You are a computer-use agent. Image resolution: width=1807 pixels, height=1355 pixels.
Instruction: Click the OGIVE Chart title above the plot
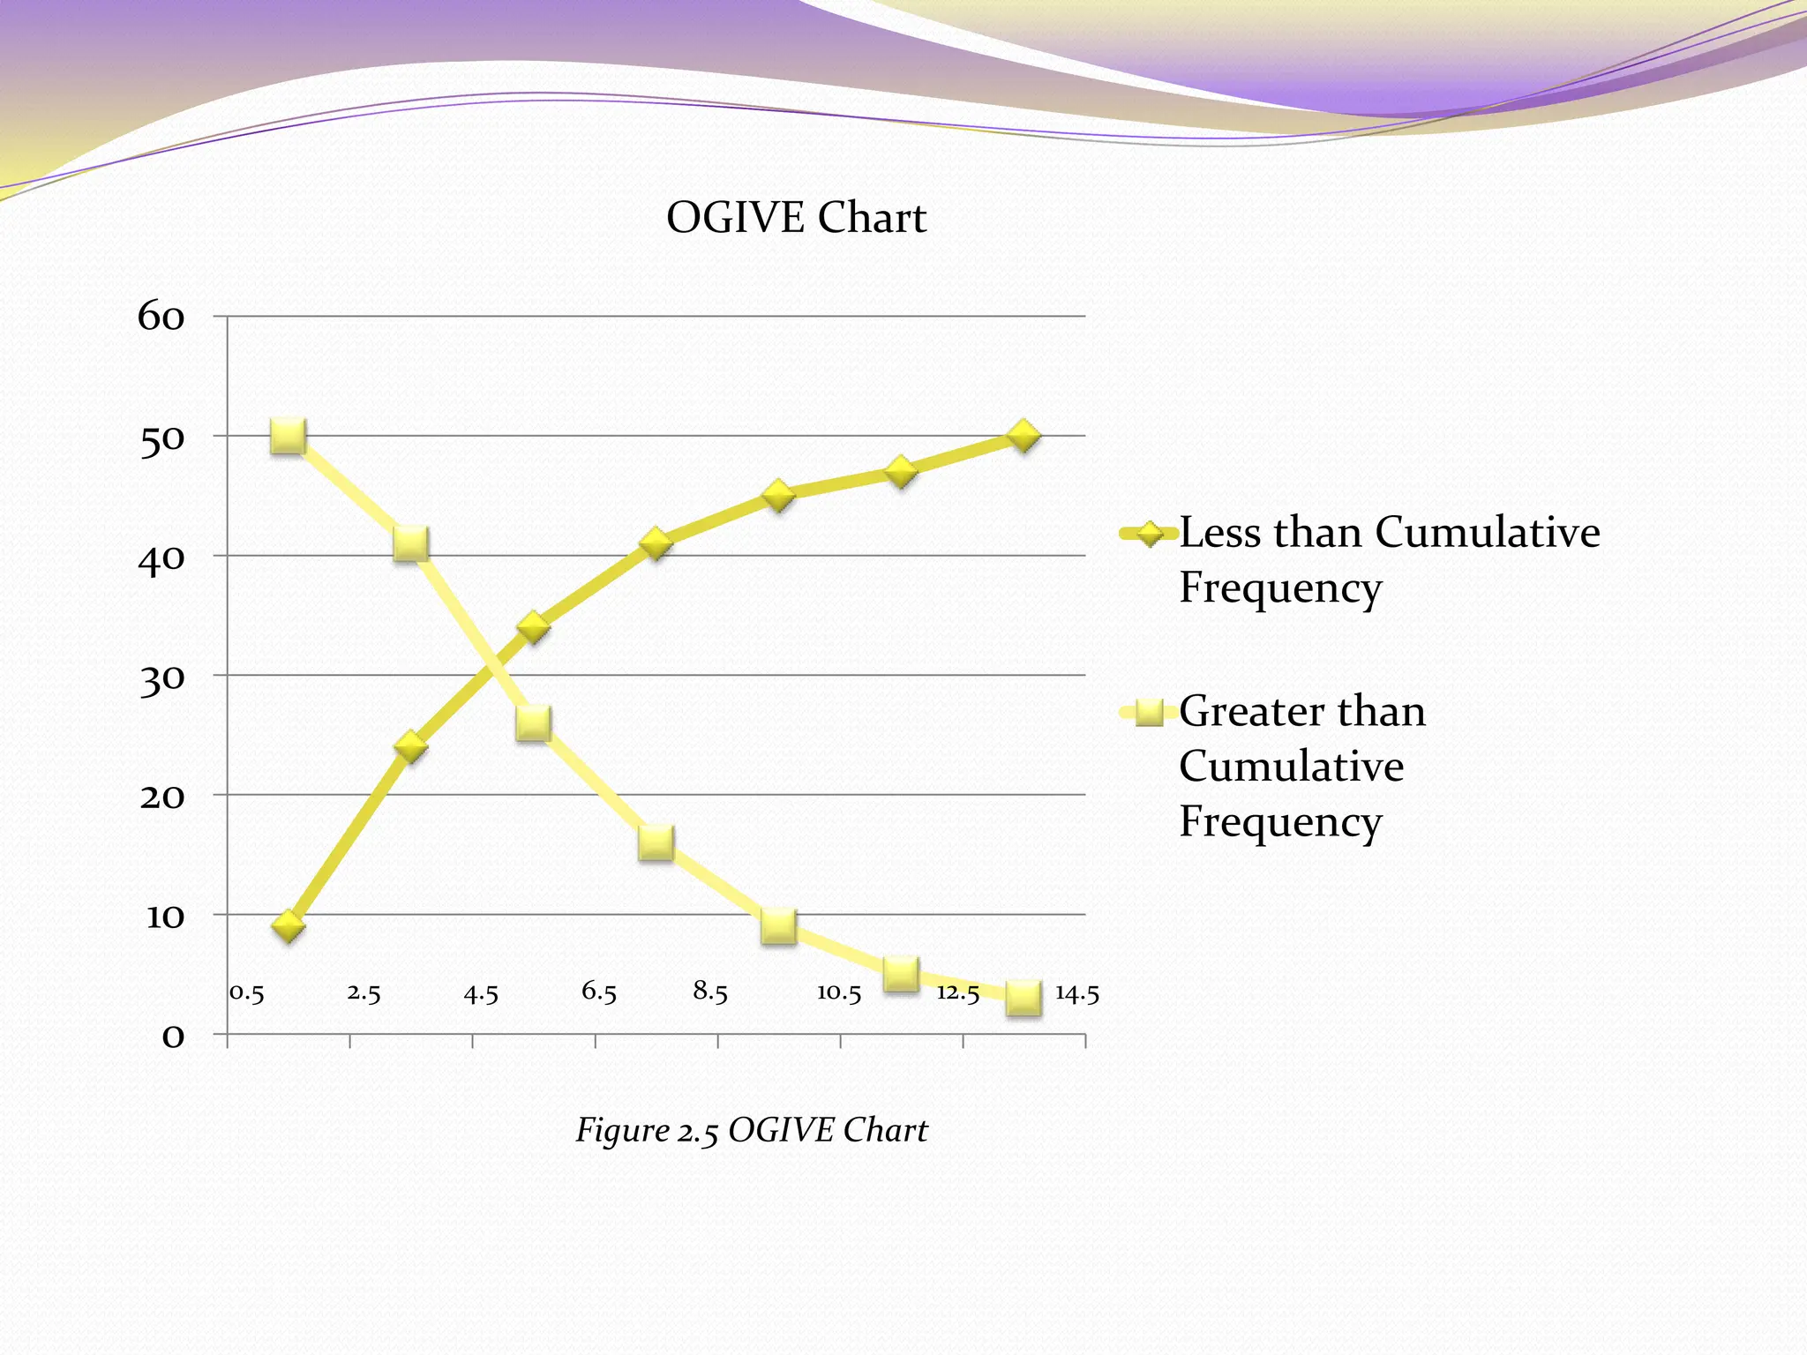tap(796, 218)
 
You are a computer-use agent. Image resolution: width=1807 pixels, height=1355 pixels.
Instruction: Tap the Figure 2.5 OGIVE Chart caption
tap(751, 1130)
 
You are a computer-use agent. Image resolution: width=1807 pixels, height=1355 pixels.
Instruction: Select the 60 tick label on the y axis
tap(161, 317)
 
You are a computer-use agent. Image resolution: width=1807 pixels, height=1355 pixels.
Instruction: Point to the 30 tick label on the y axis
tap(162, 678)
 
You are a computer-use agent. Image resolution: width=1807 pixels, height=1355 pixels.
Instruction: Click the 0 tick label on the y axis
tap(173, 1036)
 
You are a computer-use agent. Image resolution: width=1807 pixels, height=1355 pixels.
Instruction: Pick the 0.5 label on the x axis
tap(247, 993)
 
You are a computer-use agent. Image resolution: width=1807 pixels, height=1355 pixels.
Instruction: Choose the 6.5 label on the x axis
tap(598, 992)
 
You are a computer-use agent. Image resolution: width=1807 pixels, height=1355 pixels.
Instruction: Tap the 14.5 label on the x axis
tap(1077, 994)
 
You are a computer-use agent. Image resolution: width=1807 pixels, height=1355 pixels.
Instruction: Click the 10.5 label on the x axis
tap(838, 993)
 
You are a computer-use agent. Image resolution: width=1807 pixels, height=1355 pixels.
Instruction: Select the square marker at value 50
tap(289, 436)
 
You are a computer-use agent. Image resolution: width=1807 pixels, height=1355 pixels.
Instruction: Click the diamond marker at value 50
tap(1023, 436)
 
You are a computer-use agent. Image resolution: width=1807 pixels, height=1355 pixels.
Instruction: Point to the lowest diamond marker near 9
tap(289, 926)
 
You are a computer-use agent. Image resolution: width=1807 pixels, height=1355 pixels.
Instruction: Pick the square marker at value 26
tap(534, 722)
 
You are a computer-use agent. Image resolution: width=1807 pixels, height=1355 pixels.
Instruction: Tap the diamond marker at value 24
tap(411, 747)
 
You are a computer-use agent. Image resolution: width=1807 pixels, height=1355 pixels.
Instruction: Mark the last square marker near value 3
tap(1023, 998)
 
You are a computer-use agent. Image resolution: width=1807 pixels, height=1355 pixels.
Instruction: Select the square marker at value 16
tap(656, 842)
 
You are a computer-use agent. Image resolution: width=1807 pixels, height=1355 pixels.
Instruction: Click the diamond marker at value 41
tap(656, 543)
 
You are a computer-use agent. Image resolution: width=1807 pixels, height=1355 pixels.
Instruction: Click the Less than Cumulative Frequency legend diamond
tap(1150, 533)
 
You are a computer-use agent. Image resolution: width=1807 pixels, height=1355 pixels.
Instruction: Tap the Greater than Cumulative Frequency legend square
tap(1150, 712)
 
